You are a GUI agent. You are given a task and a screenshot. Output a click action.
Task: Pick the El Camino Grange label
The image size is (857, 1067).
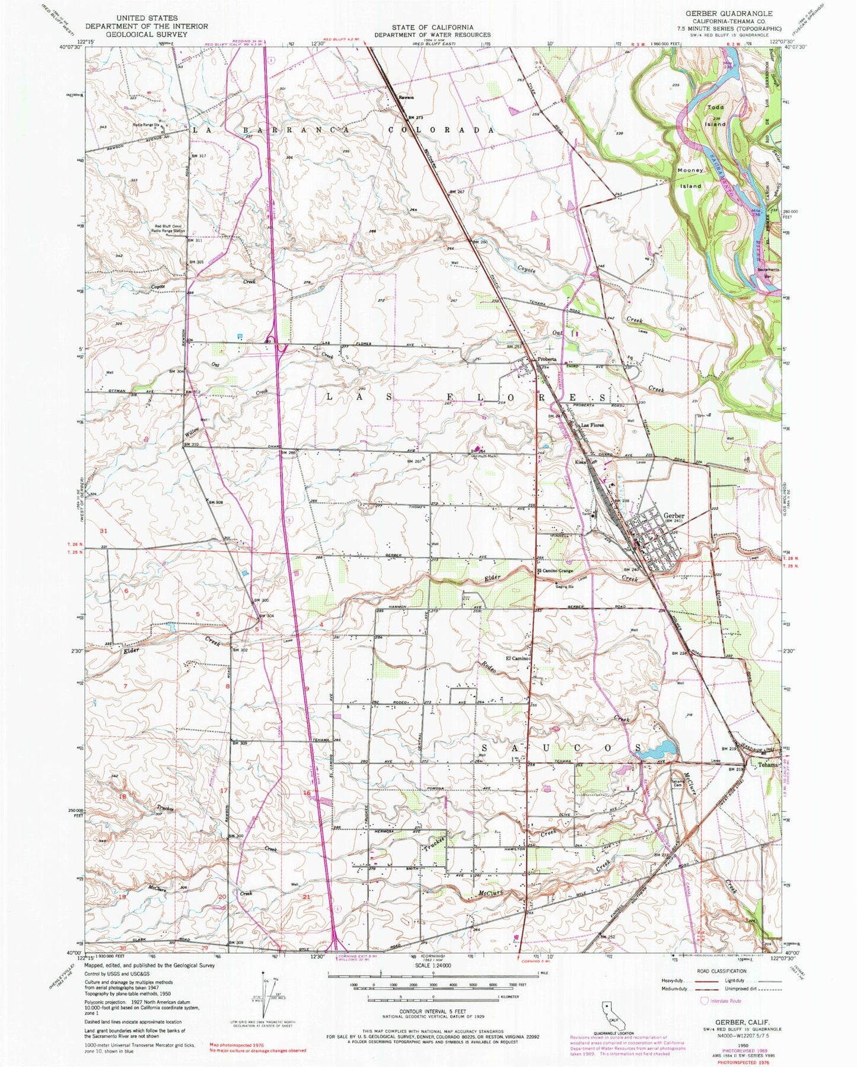tap(558, 571)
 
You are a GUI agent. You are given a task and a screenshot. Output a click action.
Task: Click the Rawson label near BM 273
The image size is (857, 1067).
tap(406, 97)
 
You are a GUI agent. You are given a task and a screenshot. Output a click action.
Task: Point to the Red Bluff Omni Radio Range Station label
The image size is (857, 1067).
tap(179, 229)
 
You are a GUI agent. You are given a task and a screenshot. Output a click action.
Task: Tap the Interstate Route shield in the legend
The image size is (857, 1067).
tap(705, 1001)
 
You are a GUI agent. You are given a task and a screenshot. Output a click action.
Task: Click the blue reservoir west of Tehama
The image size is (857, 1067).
tap(659, 749)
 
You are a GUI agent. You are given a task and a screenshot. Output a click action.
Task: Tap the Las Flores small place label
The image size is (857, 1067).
tap(592, 426)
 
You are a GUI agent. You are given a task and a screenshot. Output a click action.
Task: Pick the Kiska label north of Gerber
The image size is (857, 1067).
tap(580, 462)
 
